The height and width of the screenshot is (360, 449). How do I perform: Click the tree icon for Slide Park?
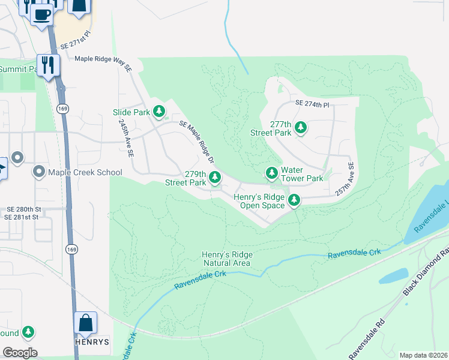coord(159,111)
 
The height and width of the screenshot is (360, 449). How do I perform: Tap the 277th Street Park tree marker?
coord(301,128)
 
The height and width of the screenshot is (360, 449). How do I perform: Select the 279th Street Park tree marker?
coord(215,177)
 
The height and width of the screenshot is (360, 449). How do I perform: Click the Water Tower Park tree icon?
coord(272,173)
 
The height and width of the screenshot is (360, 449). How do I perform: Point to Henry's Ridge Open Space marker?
coord(294,200)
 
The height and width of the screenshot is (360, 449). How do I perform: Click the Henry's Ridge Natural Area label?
coord(228,259)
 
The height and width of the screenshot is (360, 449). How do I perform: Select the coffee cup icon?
coord(41,14)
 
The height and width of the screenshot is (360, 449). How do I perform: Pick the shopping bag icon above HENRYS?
coord(85,323)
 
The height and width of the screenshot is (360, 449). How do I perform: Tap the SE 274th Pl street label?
coord(313,104)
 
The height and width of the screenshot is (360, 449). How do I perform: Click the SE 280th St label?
coord(22,208)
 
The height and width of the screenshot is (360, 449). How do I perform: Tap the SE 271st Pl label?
coord(74,35)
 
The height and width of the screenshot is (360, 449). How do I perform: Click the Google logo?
coord(20,352)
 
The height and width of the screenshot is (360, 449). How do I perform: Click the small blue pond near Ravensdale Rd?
coord(394,275)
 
